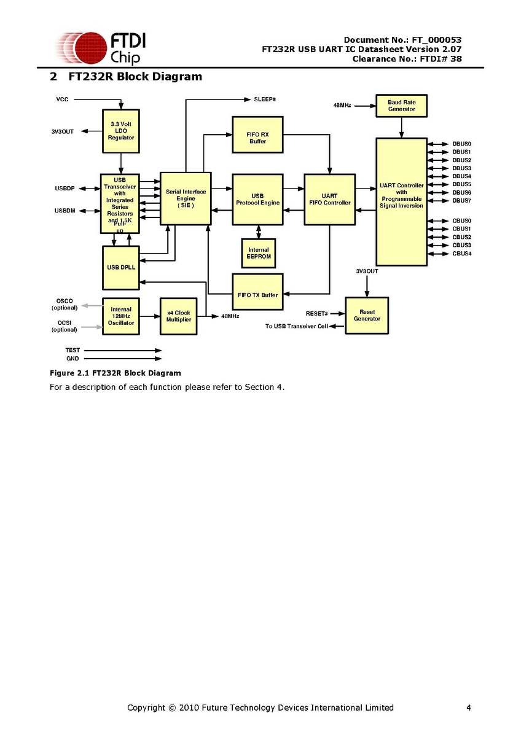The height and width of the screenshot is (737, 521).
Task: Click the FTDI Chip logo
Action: (101, 49)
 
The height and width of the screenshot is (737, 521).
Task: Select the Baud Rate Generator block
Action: (401, 106)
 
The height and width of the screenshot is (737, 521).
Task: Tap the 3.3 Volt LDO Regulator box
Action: (121, 131)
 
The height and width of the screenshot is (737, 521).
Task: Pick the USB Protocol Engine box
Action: (257, 199)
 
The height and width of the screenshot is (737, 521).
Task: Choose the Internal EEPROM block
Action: (259, 253)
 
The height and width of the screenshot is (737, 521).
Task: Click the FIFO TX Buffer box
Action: (257, 295)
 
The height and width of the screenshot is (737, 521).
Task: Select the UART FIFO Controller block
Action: (330, 200)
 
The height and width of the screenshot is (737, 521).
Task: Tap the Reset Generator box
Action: (367, 315)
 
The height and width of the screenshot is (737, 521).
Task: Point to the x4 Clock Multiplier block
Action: (179, 316)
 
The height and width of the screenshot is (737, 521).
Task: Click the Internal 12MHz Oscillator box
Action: (121, 316)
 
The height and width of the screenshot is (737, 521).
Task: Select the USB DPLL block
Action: (121, 267)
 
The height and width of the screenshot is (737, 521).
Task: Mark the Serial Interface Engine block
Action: (186, 198)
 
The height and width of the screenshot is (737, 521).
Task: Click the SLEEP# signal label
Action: (265, 99)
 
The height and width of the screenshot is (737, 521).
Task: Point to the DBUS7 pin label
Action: (461, 200)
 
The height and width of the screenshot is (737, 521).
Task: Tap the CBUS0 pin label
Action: (461, 220)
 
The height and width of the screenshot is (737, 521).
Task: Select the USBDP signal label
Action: (65, 188)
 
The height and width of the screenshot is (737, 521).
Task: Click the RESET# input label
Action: (316, 314)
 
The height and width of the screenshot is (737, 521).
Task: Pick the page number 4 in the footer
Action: (469, 708)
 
